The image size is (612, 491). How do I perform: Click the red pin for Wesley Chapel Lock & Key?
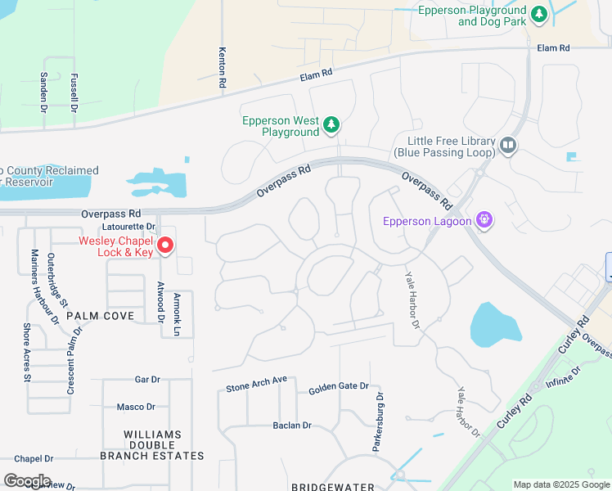coord(164,245)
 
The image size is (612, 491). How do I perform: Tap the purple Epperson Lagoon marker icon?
coord(484,220)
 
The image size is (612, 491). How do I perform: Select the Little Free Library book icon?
coord(508,146)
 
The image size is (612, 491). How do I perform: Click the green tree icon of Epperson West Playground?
coord(331,125)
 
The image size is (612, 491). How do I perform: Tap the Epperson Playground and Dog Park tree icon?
coord(538,14)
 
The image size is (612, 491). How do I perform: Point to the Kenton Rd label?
coord(222,67)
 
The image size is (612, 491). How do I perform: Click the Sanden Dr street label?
coord(44,88)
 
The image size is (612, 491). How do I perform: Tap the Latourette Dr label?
coord(128,226)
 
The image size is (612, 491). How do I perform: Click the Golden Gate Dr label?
coord(339,386)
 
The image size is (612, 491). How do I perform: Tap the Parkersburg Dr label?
coord(378,421)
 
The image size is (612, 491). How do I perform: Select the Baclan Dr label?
coord(292,426)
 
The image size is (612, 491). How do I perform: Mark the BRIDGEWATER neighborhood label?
coord(333,486)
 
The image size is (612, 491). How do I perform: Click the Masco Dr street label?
coord(136,407)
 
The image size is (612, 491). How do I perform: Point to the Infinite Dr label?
coord(563,376)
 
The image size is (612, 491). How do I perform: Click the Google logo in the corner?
coord(27,481)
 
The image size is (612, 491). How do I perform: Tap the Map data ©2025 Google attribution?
coord(560,484)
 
